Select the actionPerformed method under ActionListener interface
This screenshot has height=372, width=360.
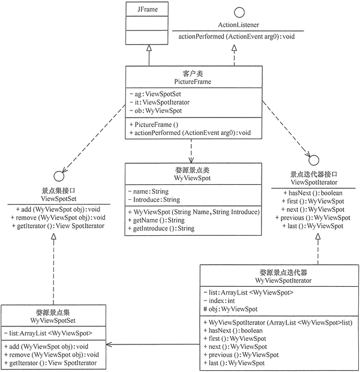238,37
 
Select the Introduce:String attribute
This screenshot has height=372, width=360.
158,200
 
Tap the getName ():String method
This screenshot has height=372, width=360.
158,220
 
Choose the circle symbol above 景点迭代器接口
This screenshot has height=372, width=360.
312,160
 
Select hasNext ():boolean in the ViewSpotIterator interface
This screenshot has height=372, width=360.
313,192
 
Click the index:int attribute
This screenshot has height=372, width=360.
224,301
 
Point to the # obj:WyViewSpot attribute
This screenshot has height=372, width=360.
231,309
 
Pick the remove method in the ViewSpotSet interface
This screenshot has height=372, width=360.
58,217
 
